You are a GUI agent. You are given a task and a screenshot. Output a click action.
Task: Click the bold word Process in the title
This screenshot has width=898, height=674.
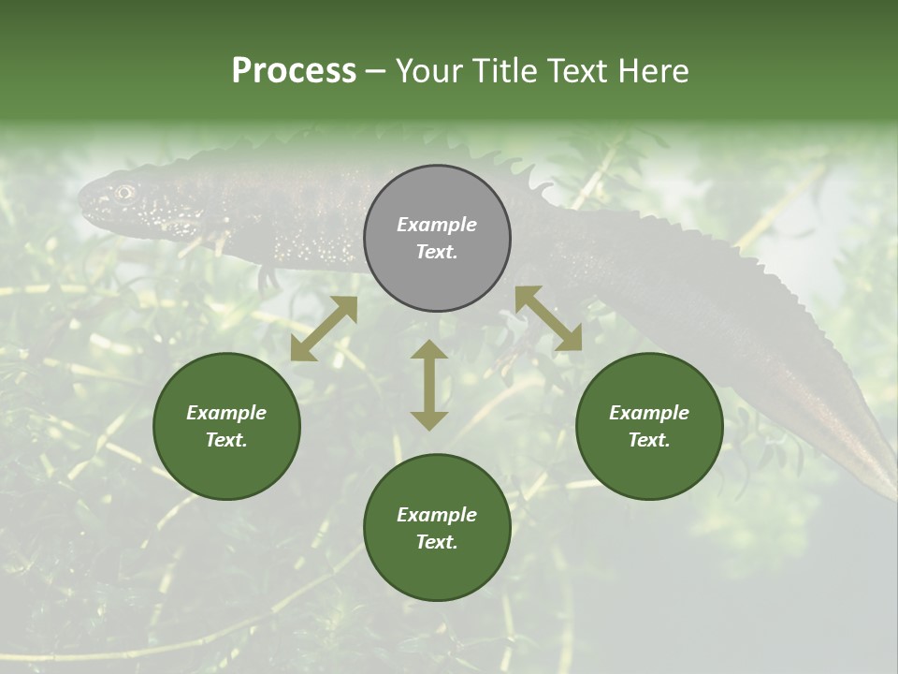point(294,71)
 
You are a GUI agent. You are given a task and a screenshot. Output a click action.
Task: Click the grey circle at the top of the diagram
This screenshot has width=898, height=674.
point(437,239)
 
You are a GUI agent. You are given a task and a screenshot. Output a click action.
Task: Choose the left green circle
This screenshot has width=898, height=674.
point(226,427)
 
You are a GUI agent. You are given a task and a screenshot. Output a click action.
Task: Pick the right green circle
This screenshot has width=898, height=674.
point(649,427)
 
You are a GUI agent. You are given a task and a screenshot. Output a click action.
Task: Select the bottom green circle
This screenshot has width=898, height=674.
point(437,528)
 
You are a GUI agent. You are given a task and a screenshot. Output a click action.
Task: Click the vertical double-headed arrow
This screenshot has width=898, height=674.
point(429,385)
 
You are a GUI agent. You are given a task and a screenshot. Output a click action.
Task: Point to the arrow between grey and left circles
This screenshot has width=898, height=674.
point(324,329)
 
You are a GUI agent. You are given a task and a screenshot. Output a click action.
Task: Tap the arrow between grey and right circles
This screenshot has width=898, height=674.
point(548,318)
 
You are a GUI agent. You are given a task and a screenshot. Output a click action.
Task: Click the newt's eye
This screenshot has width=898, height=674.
point(123,192)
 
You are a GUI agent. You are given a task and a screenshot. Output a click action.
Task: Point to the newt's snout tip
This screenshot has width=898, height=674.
point(80,199)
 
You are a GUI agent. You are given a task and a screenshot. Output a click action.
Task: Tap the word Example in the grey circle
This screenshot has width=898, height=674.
point(437,225)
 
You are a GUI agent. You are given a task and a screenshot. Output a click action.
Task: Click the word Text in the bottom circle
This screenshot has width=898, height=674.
point(435,542)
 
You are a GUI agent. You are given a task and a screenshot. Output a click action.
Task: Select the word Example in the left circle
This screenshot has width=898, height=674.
point(226,413)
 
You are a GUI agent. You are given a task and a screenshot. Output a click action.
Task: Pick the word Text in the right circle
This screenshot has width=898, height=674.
point(647,440)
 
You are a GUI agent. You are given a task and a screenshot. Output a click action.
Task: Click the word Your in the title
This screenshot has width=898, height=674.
point(429,71)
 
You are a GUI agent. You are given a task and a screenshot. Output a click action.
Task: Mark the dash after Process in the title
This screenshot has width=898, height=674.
point(376,72)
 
